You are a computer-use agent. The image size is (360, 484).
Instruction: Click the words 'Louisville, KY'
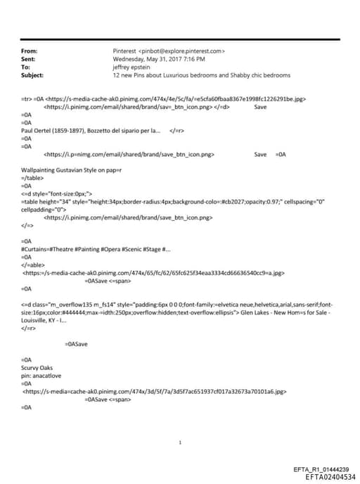click(x=39, y=320)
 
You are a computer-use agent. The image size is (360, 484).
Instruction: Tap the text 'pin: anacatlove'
click(x=42, y=375)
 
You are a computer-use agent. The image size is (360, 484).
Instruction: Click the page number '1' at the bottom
click(x=181, y=442)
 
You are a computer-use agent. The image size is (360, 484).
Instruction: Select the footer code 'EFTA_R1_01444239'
click(x=320, y=469)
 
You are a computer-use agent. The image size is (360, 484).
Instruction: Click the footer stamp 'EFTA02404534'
click(x=326, y=476)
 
